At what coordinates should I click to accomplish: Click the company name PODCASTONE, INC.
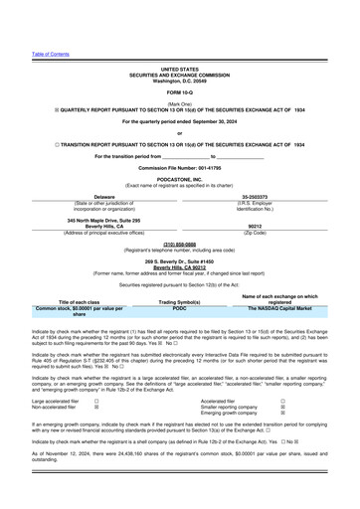180,180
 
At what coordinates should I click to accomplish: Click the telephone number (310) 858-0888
180,242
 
